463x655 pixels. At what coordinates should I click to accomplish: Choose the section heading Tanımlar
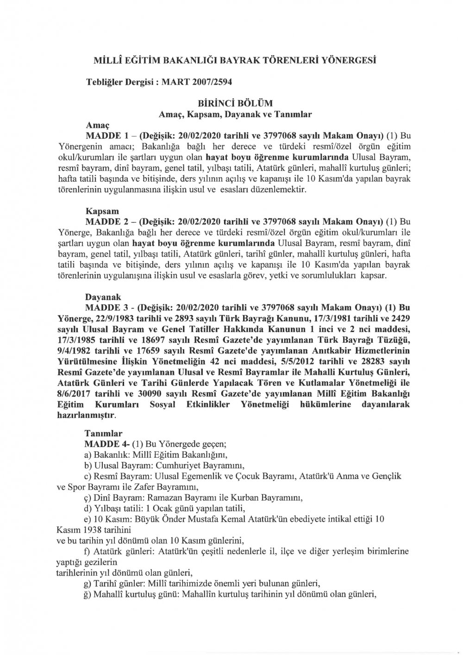103,434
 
